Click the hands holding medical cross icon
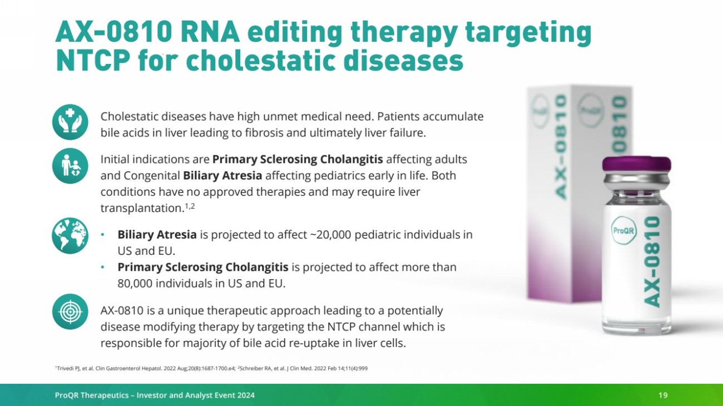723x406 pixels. [x=70, y=122]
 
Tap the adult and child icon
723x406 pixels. [x=70, y=166]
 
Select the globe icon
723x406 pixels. [x=70, y=236]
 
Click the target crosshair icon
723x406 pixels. [x=70, y=312]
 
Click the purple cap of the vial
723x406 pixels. [x=636, y=164]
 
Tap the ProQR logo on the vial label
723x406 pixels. [x=623, y=230]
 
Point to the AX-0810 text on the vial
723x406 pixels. [x=652, y=262]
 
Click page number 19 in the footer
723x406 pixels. [x=663, y=395]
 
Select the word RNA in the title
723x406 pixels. [x=210, y=32]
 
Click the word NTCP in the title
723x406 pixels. [x=93, y=61]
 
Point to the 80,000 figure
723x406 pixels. [x=135, y=283]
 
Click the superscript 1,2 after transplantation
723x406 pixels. [x=190, y=206]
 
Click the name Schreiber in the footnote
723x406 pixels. [x=252, y=368]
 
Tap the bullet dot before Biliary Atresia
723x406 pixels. [x=103, y=235]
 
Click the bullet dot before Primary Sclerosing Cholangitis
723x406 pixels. [x=103, y=267]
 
